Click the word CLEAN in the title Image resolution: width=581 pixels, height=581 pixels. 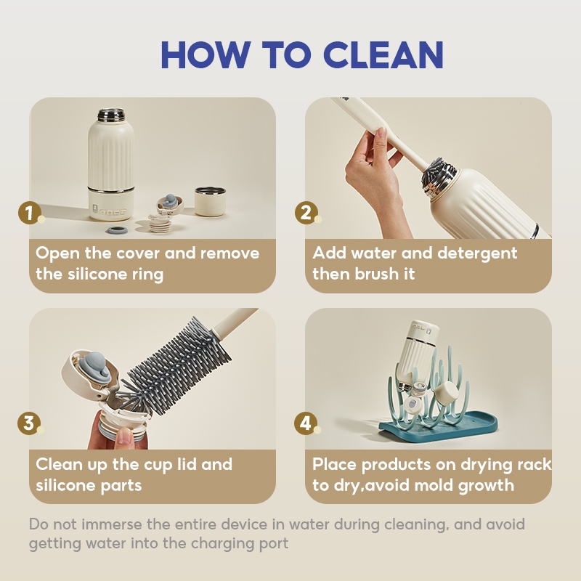[x=383, y=54]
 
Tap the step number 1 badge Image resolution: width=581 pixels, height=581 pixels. [x=29, y=213]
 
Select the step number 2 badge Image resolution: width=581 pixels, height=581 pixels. [x=306, y=213]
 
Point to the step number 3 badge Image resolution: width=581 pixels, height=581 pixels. [x=28, y=423]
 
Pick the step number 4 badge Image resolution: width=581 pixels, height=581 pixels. [x=305, y=423]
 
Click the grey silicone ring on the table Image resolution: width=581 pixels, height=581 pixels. [x=116, y=230]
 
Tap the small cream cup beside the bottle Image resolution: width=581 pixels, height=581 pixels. [x=210, y=201]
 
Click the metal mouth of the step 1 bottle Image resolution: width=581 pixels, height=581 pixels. [x=111, y=115]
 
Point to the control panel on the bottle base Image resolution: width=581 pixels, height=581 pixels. [x=110, y=212]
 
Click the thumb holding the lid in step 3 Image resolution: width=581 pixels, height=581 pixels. [x=125, y=437]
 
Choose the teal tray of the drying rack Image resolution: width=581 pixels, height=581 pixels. [x=438, y=426]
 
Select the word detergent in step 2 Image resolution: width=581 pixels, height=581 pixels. [x=477, y=253]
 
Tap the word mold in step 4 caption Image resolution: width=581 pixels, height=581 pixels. [x=434, y=485]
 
